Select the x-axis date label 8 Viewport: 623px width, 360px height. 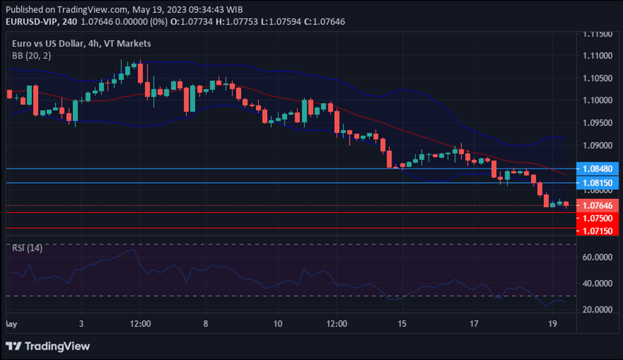point(205,324)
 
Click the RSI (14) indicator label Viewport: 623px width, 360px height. point(27,248)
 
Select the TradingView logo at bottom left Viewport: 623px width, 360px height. point(48,346)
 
